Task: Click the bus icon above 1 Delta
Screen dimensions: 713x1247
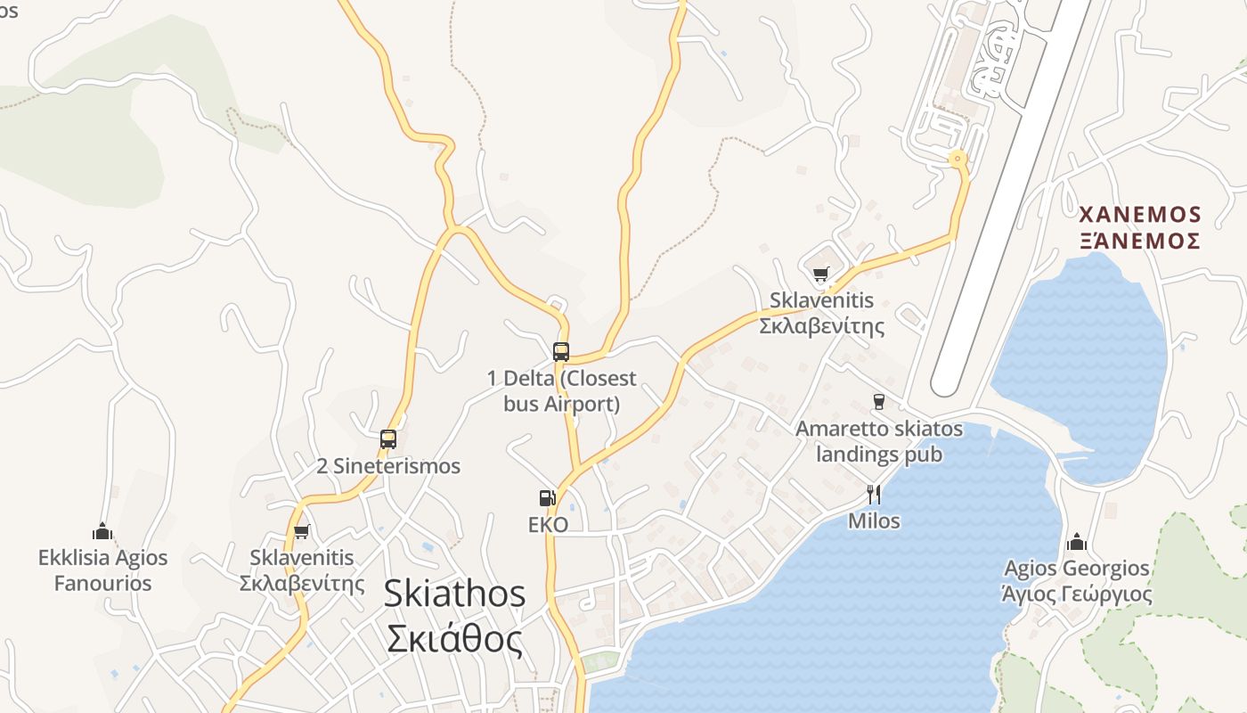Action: [x=560, y=351]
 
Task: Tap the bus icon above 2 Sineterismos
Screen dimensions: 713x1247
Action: [x=387, y=438]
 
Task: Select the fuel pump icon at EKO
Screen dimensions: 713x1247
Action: [x=547, y=498]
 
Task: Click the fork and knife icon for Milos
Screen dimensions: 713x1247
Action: [x=874, y=494]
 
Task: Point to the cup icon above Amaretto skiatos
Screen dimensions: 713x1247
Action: [x=879, y=401]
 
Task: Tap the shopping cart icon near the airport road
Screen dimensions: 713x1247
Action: [x=820, y=274]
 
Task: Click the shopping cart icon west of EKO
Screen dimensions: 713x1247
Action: [x=302, y=531]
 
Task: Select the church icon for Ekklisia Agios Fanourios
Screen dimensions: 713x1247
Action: [x=102, y=531]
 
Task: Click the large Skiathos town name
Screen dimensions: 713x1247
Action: [x=454, y=594]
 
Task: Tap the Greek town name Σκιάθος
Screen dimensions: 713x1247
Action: [x=454, y=638]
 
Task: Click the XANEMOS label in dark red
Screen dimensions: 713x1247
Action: [x=1140, y=215]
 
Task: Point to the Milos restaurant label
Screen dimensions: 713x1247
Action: [x=874, y=520]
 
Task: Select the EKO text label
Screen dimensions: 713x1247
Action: [x=548, y=524]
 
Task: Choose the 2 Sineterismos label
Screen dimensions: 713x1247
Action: [x=388, y=466]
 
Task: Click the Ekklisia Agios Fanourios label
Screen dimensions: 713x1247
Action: [x=102, y=570]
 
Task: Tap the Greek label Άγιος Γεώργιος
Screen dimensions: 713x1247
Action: [x=1077, y=594]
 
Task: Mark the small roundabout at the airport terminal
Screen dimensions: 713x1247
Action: [x=958, y=160]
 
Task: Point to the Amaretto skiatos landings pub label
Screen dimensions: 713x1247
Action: [x=879, y=441]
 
